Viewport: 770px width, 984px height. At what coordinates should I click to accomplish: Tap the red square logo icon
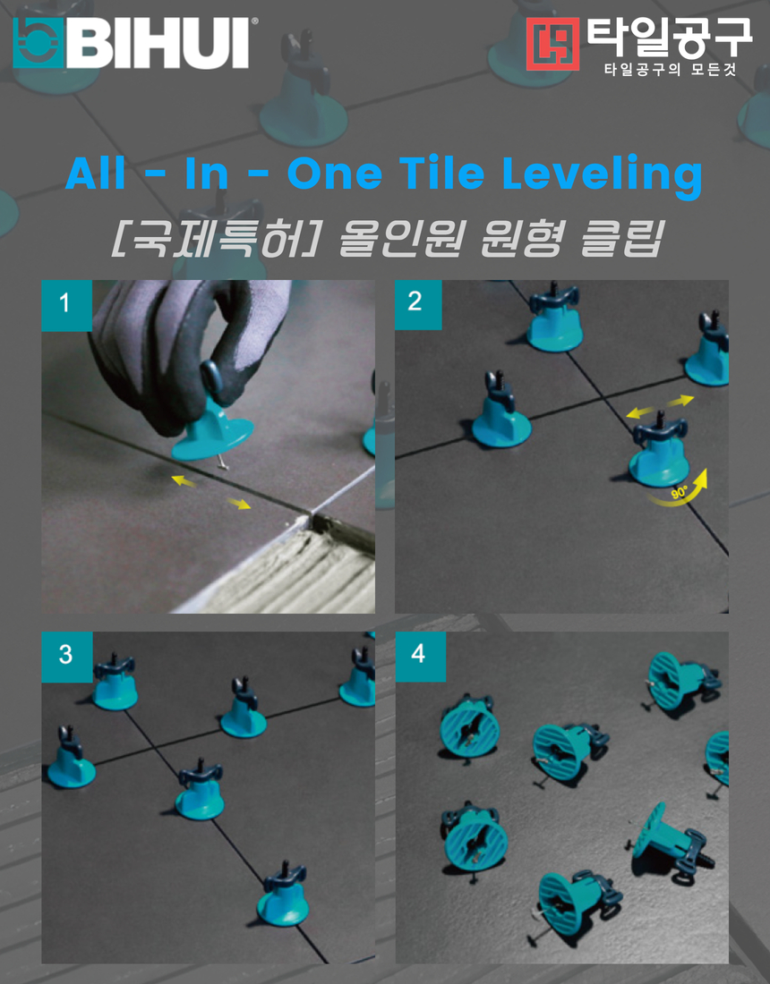pos(552,43)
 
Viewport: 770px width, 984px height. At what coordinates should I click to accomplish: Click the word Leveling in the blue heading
pos(602,174)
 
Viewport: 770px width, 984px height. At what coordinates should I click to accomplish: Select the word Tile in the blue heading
pos(443,172)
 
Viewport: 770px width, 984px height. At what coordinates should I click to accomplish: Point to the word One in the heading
pos(335,174)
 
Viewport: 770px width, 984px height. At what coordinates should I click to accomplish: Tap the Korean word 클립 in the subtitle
pos(621,239)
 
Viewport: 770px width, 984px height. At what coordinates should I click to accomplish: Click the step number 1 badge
pos(66,306)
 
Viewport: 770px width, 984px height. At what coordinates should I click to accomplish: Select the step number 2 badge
pos(418,305)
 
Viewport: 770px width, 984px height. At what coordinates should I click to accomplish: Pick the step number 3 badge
pos(66,657)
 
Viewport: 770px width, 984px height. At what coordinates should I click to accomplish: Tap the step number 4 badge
pos(420,657)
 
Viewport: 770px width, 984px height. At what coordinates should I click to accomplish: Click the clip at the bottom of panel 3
pos(284,895)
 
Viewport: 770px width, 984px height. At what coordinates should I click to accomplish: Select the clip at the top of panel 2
pos(554,318)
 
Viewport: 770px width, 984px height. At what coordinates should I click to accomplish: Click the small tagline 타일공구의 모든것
pos(670,69)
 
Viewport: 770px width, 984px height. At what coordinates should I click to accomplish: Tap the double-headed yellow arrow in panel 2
pos(660,406)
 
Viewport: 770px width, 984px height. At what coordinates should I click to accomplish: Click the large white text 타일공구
pos(669,38)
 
